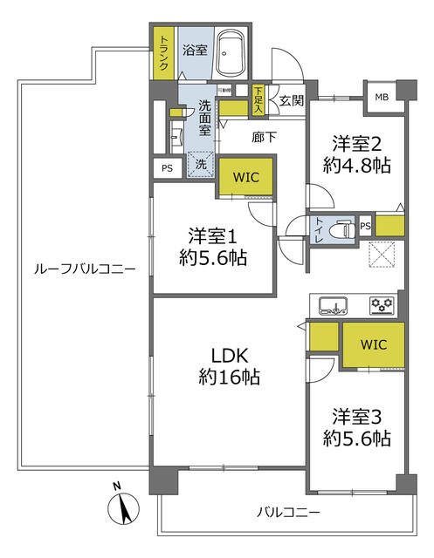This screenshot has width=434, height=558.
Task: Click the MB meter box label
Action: point(382,95)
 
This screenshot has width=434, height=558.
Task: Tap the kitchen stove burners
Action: point(381,305)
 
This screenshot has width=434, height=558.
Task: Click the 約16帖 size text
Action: point(229,378)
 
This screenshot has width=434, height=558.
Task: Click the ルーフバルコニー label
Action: point(85,269)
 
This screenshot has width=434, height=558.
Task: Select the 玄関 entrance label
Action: point(291,101)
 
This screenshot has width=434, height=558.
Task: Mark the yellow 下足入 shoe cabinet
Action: point(258,100)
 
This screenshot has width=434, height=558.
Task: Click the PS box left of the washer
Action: point(166,169)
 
